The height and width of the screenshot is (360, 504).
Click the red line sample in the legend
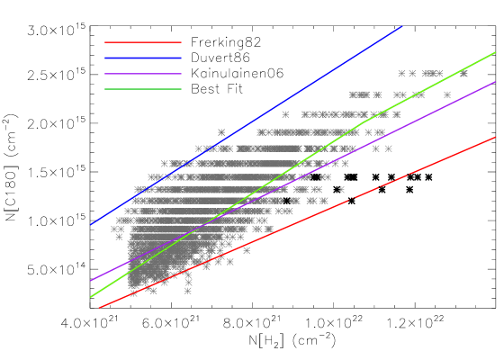point(142,42)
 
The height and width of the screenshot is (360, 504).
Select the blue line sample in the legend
point(142,58)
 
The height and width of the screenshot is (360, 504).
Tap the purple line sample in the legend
point(142,74)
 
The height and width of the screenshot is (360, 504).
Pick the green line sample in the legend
point(142,89)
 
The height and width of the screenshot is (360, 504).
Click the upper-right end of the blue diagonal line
point(401,26)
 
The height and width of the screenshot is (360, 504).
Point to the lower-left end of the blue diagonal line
point(91,224)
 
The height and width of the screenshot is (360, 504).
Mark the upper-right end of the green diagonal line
point(495,52)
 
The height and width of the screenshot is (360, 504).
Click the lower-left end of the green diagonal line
point(91,296)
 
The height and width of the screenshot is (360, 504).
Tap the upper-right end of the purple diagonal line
point(495,82)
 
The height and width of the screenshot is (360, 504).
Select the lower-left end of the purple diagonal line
point(91,281)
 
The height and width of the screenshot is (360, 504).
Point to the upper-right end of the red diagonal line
point(495,138)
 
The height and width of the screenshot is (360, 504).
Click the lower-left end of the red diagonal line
point(99,308)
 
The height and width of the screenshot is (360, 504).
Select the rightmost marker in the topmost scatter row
point(463,74)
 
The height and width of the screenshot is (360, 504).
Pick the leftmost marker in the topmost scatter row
point(401,74)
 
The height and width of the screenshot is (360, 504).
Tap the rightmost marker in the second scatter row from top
point(447,94)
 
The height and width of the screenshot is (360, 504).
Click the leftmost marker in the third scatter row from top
point(285,114)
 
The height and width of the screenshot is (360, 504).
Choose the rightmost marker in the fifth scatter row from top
point(389,148)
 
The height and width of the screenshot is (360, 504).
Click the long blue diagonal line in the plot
point(247,125)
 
